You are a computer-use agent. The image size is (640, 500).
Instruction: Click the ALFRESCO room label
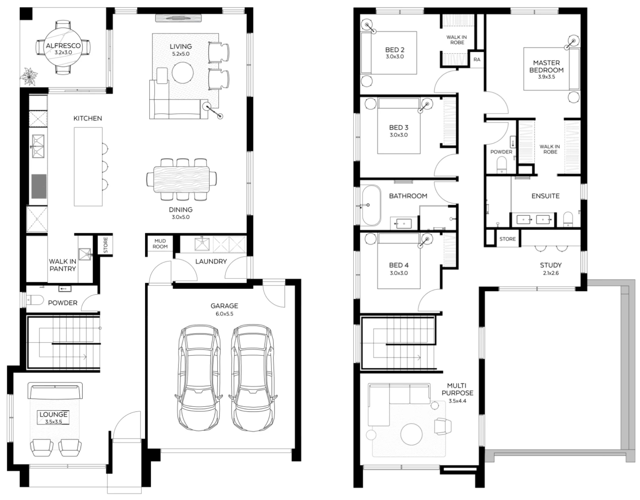[x=63, y=46]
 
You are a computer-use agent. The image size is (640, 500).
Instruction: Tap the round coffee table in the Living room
[x=182, y=73]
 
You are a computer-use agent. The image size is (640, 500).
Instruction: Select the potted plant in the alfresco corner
[x=29, y=76]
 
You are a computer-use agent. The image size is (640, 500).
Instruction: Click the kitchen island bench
[x=88, y=167]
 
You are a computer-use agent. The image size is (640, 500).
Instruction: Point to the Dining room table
[x=181, y=179]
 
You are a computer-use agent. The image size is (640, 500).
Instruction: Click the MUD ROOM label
[x=160, y=244]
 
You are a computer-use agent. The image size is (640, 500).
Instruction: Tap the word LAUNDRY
[x=211, y=261]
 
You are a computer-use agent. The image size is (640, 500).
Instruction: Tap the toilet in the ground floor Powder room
[x=35, y=299]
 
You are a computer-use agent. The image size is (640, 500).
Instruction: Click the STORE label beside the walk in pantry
[x=106, y=245]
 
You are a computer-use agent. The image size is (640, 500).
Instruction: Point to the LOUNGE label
[x=53, y=415]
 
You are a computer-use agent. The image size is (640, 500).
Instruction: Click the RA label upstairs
[x=477, y=59]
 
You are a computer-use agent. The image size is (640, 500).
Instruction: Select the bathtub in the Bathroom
[x=371, y=205]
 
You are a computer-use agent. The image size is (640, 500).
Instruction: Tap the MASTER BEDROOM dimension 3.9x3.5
[x=546, y=77]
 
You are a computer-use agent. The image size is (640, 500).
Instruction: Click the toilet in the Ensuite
[x=568, y=219]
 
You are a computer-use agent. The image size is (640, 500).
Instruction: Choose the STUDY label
[x=551, y=265]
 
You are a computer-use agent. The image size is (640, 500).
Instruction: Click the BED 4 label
[x=399, y=265]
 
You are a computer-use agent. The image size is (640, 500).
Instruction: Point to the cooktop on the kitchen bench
[x=39, y=186]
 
